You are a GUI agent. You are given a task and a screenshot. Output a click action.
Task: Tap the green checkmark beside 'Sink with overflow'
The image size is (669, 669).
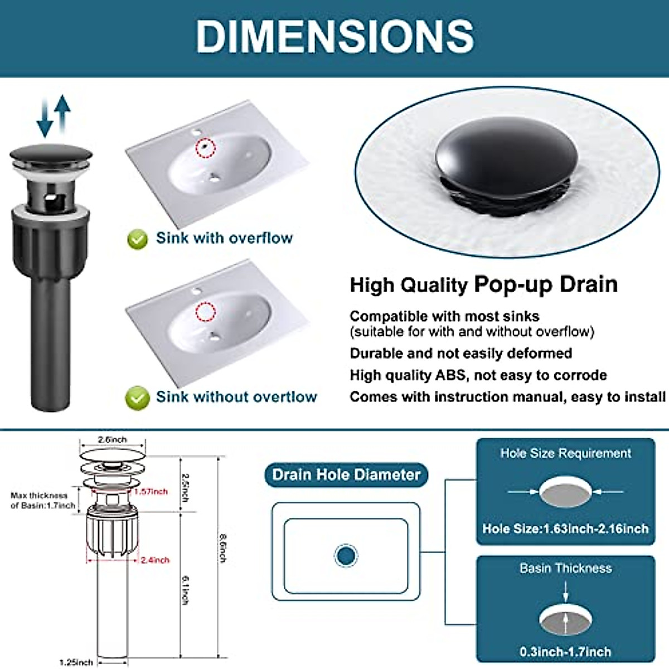[137, 239]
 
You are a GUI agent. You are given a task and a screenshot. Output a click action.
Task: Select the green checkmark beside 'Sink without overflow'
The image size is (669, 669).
[137, 398]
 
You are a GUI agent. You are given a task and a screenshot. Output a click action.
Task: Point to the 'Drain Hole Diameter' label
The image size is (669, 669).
[346, 475]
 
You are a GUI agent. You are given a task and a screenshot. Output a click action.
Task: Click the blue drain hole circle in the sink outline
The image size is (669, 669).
[346, 555]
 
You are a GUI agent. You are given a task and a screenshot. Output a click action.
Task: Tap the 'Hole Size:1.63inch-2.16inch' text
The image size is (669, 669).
[565, 529]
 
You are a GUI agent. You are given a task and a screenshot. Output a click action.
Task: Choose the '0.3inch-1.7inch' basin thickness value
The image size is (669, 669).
[565, 651]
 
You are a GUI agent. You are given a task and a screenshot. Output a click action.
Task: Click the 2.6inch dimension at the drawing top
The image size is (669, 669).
[112, 440]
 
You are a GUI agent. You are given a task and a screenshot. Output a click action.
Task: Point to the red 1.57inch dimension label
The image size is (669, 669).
[151, 491]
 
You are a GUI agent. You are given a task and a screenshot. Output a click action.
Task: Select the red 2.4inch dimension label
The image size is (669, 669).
[155, 560]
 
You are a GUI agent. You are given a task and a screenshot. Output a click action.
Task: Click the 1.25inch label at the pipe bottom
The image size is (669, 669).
[76, 662]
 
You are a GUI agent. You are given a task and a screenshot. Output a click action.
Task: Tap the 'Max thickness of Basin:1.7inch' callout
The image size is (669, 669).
[43, 500]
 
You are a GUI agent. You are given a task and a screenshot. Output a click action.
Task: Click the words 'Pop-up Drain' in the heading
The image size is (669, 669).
[546, 284]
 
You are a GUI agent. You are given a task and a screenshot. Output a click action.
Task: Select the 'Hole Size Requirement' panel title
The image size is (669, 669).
[565, 453]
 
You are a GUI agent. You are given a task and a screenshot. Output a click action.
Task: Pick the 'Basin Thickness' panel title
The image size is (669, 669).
[565, 568]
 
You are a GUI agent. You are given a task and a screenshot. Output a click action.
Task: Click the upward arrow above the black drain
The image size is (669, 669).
[63, 111]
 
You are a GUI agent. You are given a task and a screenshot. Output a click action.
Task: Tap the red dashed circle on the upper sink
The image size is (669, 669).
[206, 147]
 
